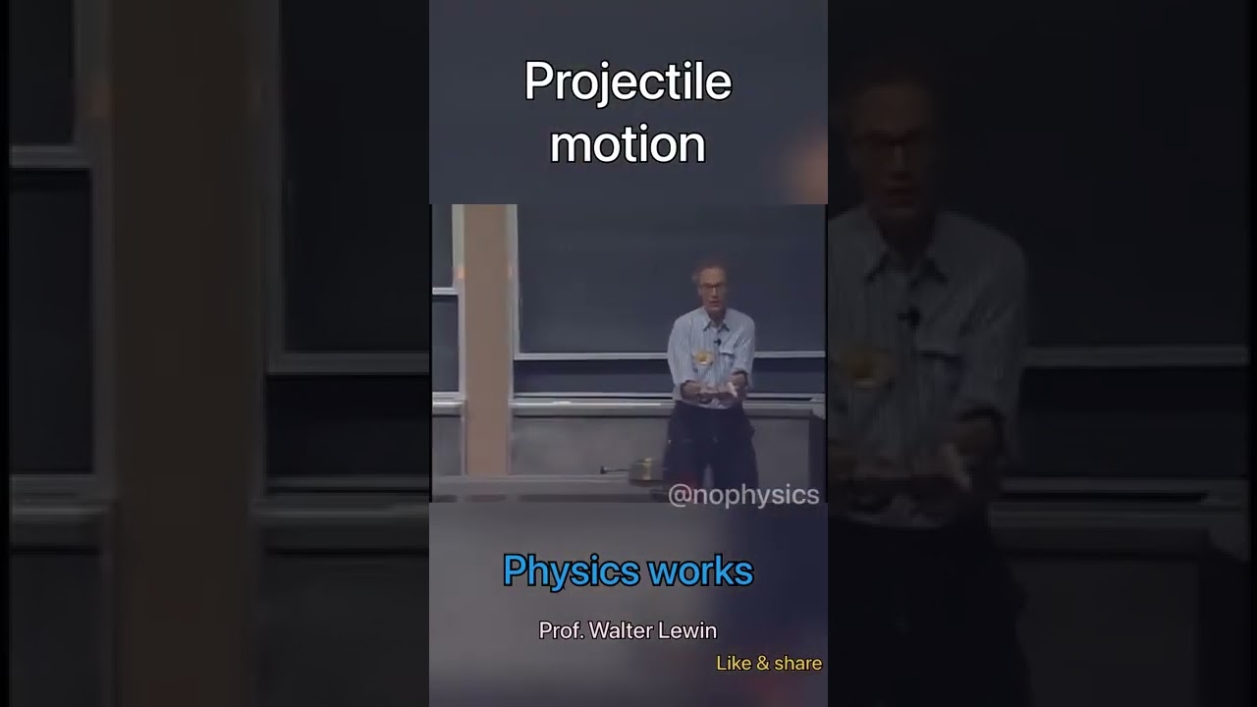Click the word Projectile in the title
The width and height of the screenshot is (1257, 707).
pos(628,82)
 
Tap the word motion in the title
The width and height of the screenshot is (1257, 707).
pos(628,144)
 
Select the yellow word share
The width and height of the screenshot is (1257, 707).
pos(796,663)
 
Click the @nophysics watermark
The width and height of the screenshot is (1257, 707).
pos(743,495)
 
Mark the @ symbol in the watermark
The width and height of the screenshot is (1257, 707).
pos(678,495)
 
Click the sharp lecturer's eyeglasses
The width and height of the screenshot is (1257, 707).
pos(712,287)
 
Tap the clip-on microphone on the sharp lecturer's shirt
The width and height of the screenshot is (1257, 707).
pos(718,342)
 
